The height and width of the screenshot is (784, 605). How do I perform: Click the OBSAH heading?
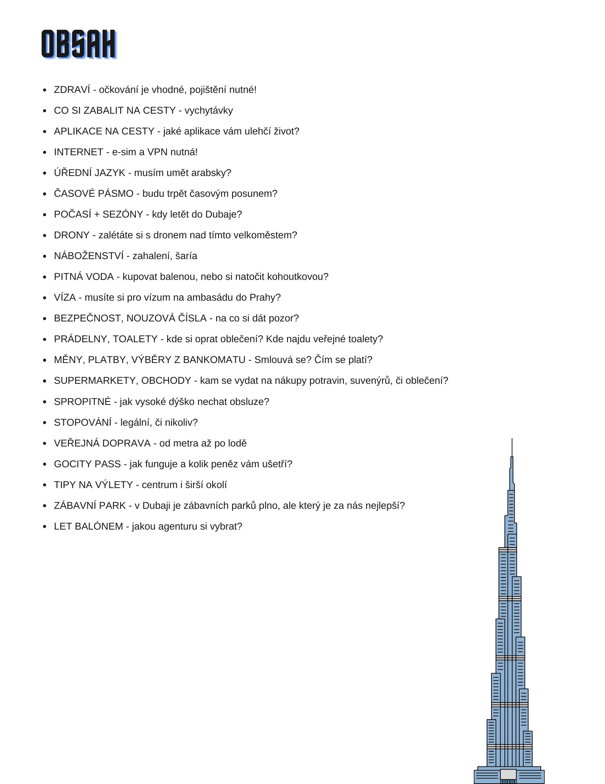79,44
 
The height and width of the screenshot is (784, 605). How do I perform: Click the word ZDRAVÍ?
72,90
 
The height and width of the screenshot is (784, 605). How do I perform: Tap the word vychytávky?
209,111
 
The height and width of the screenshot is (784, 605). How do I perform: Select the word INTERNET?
78,152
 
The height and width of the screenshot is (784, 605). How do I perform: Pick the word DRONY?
72,235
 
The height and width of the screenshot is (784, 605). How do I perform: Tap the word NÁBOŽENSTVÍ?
88,256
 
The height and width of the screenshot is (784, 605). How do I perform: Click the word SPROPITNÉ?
82,402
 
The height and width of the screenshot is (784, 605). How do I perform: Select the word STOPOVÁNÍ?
83,423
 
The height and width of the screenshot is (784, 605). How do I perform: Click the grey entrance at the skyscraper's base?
508,774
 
